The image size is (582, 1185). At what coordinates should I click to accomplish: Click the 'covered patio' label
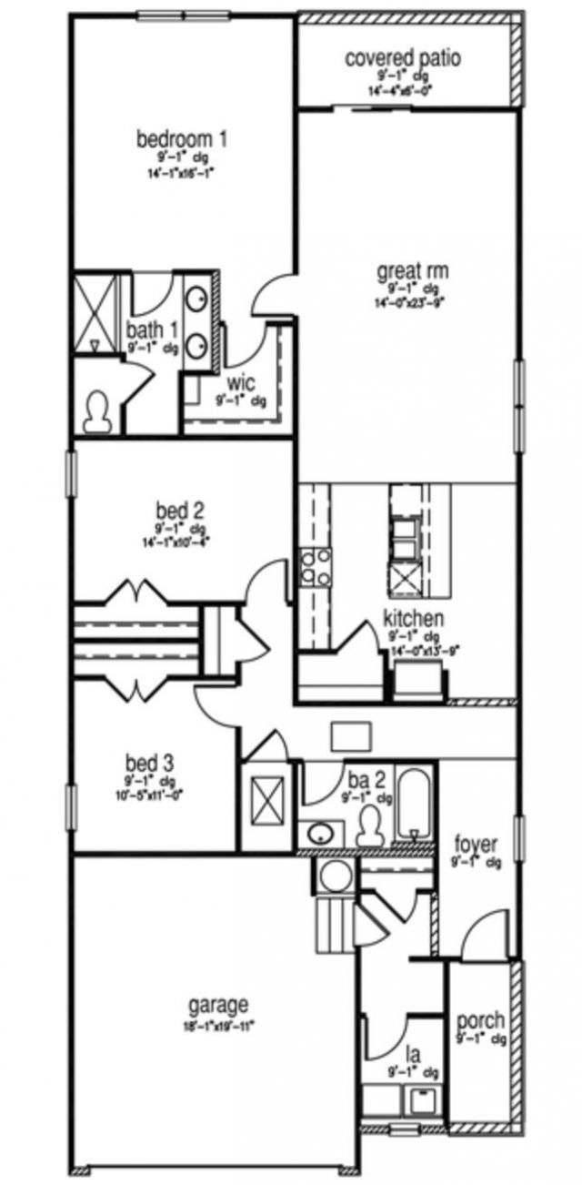click(402, 59)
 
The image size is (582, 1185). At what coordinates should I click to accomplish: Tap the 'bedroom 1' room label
click(181, 139)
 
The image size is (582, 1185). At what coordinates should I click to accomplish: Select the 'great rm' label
click(413, 270)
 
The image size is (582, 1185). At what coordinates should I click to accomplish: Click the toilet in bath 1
click(95, 413)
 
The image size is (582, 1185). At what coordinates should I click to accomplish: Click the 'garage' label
click(218, 1006)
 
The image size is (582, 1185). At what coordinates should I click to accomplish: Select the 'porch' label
click(480, 1021)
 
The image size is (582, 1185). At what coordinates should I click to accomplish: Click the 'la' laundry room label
click(413, 1055)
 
